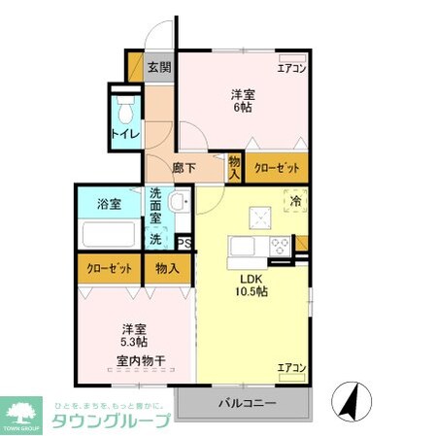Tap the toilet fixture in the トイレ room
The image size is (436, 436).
pos(124,105)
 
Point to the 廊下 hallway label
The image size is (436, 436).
pos(184,168)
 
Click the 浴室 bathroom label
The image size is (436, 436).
pos(109,204)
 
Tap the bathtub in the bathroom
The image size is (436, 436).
pos(108,235)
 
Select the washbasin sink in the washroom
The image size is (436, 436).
pos(180,204)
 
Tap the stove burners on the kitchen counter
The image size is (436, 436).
pos(280,245)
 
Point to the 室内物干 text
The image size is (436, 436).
pos(141,361)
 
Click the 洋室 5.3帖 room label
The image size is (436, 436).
pos(134,335)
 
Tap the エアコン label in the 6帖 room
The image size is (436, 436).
pos(291,69)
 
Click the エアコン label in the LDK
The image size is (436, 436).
pos(291,367)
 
